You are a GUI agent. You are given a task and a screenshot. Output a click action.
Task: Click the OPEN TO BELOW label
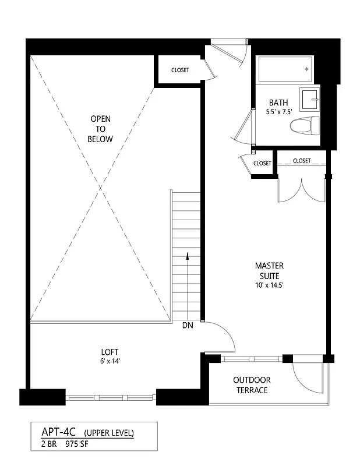(x=100, y=129)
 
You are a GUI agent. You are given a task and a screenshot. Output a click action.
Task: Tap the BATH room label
(x=278, y=103)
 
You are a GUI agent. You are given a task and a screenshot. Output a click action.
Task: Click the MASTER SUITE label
(x=269, y=271)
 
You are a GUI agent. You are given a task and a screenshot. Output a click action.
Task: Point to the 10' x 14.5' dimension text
(x=269, y=285)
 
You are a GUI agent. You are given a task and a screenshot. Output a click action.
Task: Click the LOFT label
(x=110, y=352)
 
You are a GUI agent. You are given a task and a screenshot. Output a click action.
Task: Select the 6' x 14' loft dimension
(x=110, y=361)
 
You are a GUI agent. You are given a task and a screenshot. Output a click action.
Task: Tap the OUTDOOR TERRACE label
(x=252, y=385)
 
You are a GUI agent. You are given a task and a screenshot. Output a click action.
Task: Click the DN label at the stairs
(x=187, y=326)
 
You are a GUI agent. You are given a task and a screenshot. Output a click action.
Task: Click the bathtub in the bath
(x=285, y=69)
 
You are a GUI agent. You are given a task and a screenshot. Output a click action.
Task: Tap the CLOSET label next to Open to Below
(x=180, y=70)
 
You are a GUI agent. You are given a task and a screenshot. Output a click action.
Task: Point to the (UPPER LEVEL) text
(x=109, y=433)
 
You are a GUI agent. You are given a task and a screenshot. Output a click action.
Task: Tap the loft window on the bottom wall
(x=111, y=398)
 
